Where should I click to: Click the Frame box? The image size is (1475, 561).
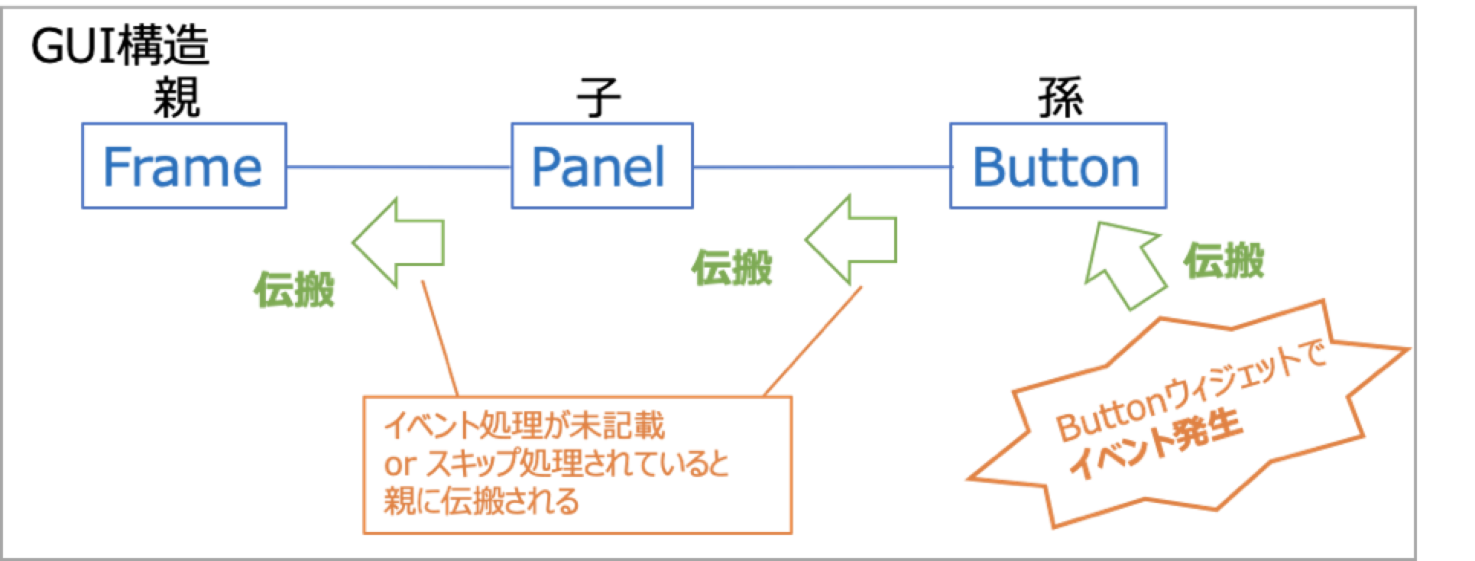[184, 165]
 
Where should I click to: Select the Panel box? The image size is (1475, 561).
[602, 165]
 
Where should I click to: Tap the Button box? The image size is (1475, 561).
[1058, 165]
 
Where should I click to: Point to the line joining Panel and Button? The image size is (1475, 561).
[822, 167]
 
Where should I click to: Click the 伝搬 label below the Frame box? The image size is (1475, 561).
[294, 289]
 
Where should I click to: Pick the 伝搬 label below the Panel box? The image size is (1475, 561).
[732, 268]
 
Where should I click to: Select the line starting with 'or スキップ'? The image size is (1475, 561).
[556, 464]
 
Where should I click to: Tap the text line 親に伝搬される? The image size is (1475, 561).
[481, 502]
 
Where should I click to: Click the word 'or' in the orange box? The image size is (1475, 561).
[397, 465]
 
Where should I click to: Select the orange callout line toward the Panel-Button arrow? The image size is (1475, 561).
[815, 339]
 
